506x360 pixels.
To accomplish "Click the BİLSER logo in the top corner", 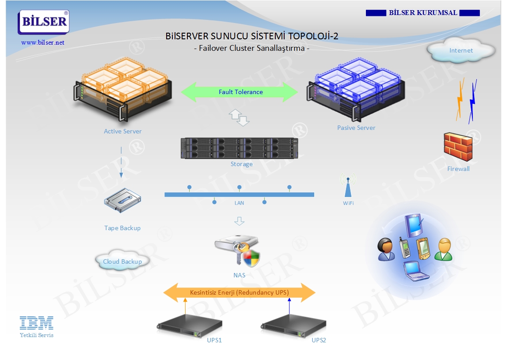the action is [44, 22].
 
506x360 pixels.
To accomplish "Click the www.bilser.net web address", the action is [42, 42].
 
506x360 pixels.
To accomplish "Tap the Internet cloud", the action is [461, 50].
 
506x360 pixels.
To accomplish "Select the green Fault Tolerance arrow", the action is [240, 92].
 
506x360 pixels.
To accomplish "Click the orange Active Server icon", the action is [122, 89].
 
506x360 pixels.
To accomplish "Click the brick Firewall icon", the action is [458, 147].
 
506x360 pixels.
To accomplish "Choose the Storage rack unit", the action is [240, 148].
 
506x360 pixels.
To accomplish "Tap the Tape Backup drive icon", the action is [122, 201].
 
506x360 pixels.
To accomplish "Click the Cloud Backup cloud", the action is [122, 261].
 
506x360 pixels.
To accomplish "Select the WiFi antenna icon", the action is [348, 185].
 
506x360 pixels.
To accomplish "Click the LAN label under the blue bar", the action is [239, 203].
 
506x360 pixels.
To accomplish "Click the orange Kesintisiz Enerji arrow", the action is [240, 292].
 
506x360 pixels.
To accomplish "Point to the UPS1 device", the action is [190, 326].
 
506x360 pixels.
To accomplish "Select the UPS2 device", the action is [294, 326].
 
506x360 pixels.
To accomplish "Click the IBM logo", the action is [37, 323].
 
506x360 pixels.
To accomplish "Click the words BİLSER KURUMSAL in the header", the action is [423, 13].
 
